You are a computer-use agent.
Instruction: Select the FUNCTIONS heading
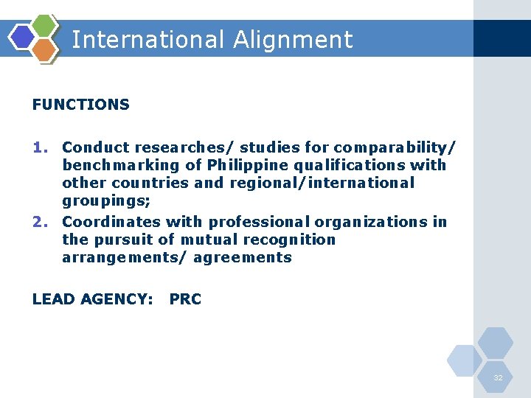(x=81, y=105)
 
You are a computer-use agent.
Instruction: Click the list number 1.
(x=40, y=147)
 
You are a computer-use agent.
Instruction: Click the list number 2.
(x=40, y=222)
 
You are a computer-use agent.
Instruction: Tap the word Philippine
(x=247, y=164)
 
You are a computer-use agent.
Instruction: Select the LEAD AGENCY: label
(x=92, y=299)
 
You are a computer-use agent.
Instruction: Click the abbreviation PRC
(x=185, y=299)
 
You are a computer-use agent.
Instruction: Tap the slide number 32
(x=499, y=377)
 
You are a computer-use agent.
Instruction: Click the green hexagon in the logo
(x=45, y=27)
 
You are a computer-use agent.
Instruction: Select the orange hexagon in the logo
(x=44, y=49)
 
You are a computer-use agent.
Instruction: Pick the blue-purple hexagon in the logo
(x=22, y=37)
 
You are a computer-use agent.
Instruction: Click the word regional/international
(x=322, y=182)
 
